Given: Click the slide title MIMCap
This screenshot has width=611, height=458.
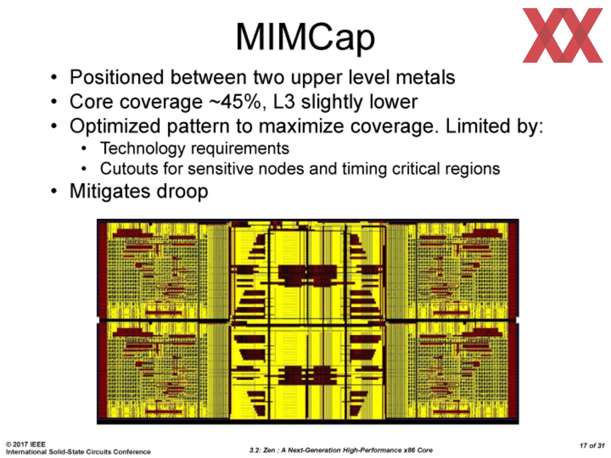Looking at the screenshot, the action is pyautogui.click(x=305, y=38).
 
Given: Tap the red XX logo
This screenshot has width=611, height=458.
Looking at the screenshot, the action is pyautogui.click(x=562, y=35).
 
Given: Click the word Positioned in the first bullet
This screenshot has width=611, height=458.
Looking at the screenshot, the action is pyautogui.click(x=117, y=78).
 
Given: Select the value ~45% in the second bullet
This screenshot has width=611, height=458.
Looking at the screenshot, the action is pyautogui.click(x=235, y=101).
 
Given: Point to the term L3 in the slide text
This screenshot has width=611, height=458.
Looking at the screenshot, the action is pyautogui.click(x=284, y=101).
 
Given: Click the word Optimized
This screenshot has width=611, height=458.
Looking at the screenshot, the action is pyautogui.click(x=115, y=127).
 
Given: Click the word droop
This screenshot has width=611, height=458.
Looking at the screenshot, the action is pyautogui.click(x=182, y=192).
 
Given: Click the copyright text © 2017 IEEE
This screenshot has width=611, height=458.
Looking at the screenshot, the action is pyautogui.click(x=26, y=444).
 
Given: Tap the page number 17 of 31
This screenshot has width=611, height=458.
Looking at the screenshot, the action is pyautogui.click(x=592, y=445).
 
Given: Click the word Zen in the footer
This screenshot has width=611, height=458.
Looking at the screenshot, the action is pyautogui.click(x=269, y=450).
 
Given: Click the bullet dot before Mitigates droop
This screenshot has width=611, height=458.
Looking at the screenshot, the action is pyautogui.click(x=54, y=191).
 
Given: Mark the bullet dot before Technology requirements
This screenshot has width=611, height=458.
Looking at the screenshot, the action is pyautogui.click(x=84, y=149).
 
